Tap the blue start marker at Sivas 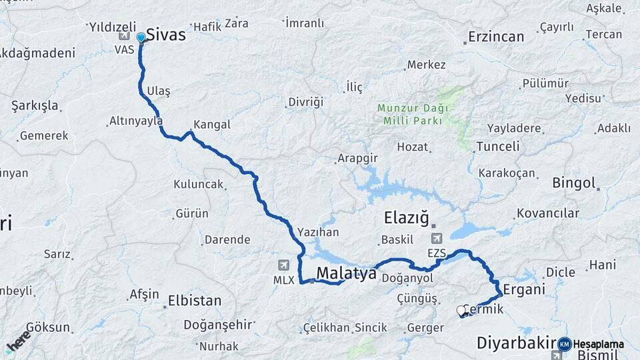141,38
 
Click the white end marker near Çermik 461,310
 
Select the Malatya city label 346,273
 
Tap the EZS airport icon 437,239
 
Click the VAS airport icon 125,35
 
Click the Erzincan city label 496,37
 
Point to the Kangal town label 211,125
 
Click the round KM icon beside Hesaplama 564,344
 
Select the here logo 17,340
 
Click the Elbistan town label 194,301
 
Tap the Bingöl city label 573,183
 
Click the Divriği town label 305,102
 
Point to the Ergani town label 524,289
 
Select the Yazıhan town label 319,232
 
